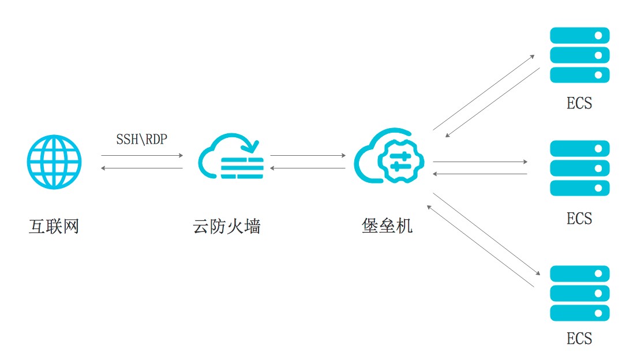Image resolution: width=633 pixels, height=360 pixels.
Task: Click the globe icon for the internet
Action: pos(54,162)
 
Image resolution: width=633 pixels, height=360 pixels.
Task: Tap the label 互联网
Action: pos(54,226)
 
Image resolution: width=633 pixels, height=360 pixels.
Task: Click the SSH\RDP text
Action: pos(142,139)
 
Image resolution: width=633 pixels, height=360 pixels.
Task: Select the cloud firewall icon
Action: pos(231,156)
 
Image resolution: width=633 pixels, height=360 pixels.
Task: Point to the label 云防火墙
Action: pos(226,226)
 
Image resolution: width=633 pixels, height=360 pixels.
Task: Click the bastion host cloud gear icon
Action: pos(389,156)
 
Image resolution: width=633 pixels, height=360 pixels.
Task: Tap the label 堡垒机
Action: pos(387,226)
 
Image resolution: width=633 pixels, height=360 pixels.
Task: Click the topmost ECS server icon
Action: pos(580,55)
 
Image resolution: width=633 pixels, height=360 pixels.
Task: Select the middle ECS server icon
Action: pos(580,168)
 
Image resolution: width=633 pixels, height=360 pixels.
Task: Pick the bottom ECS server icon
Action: pos(580,293)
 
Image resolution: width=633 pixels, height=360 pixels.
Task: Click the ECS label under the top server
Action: pos(579,103)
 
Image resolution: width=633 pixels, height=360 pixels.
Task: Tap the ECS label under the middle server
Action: pos(579,219)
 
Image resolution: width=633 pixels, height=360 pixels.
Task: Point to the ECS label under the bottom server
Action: pos(579,339)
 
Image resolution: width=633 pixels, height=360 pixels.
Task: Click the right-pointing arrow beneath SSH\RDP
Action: pos(142,155)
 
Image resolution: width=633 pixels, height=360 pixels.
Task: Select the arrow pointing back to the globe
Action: pos(142,168)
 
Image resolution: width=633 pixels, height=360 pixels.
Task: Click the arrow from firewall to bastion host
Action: pos(308,155)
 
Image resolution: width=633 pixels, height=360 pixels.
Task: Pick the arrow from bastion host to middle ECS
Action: pos(480,162)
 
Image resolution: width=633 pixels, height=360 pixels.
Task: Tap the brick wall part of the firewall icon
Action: pos(242,168)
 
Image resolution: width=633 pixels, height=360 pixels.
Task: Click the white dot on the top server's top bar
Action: pos(598,36)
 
